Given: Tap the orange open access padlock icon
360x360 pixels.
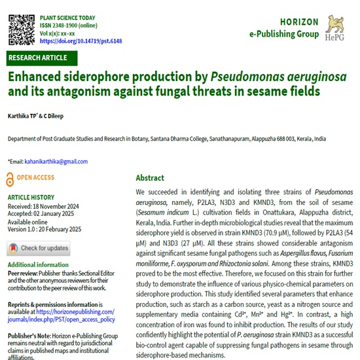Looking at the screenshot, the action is (9, 178).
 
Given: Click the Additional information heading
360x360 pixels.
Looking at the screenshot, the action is (35, 264).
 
